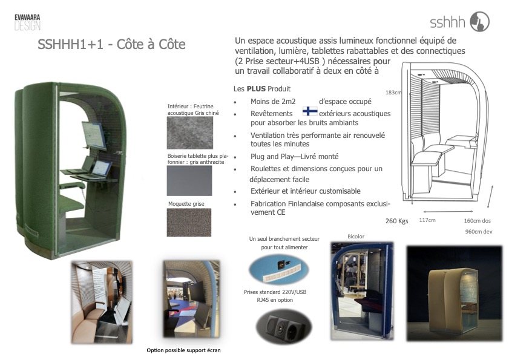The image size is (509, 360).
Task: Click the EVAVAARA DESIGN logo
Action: (28, 22)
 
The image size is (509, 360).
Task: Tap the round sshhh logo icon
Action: (480, 21)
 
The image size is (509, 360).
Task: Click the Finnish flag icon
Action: (310, 111)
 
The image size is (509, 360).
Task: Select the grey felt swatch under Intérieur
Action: (190, 133)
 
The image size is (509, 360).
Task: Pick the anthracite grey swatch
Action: (189, 181)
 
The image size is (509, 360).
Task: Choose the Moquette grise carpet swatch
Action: (189, 223)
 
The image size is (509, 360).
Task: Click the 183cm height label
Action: (393, 93)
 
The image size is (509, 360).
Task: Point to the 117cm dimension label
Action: (427, 220)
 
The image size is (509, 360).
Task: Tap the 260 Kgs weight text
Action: (396, 221)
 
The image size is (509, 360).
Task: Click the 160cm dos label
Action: (477, 221)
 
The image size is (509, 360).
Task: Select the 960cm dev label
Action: (479, 232)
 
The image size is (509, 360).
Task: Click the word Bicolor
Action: (356, 237)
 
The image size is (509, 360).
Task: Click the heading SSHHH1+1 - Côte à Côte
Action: (111, 44)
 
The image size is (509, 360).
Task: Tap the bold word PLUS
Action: (256, 88)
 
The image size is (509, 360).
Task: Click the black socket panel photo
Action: (284, 327)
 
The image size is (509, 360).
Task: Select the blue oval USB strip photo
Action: (278, 269)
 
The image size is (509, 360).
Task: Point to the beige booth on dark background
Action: (454, 293)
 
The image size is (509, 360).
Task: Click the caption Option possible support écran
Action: (183, 350)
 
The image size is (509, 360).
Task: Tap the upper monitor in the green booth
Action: (94, 136)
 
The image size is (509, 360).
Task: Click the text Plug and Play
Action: (272, 157)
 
